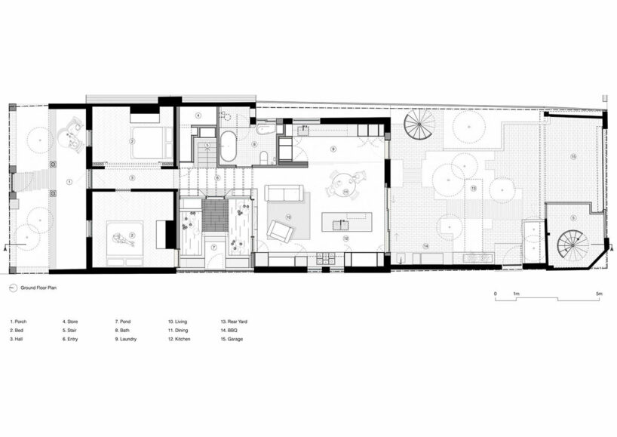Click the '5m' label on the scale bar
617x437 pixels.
point(598,293)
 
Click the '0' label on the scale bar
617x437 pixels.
point(495,293)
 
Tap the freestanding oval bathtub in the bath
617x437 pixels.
point(228,146)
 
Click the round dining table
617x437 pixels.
point(344,181)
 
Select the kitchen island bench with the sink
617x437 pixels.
point(346,222)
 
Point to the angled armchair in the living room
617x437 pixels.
point(280,230)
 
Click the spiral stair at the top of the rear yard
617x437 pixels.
point(419,125)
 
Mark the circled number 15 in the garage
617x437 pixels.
point(573,156)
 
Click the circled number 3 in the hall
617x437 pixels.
point(132,178)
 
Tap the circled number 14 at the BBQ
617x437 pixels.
point(425,246)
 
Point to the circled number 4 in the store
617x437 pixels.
point(198,115)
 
